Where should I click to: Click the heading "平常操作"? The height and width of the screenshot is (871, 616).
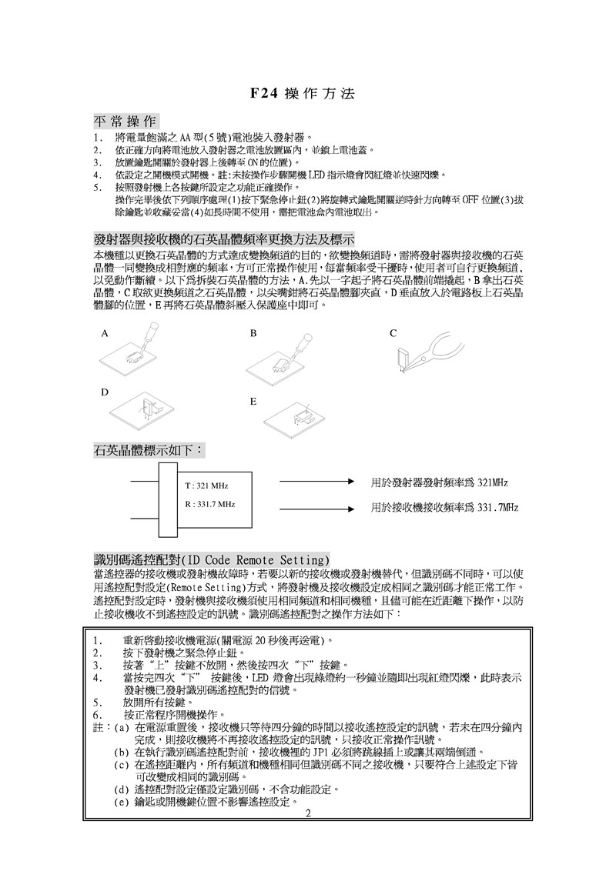click(x=126, y=122)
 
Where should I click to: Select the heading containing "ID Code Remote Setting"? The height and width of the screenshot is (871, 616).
click(x=212, y=558)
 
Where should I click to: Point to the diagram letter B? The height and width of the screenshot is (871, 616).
click(x=253, y=334)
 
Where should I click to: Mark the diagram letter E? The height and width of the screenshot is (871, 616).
click(x=253, y=402)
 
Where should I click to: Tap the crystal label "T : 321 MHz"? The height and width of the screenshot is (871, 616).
click(x=207, y=486)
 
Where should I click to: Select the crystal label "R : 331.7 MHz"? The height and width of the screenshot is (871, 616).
click(x=210, y=504)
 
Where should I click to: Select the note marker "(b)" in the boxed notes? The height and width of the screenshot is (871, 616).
click(x=121, y=752)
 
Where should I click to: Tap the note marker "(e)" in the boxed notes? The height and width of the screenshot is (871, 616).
click(x=121, y=802)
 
